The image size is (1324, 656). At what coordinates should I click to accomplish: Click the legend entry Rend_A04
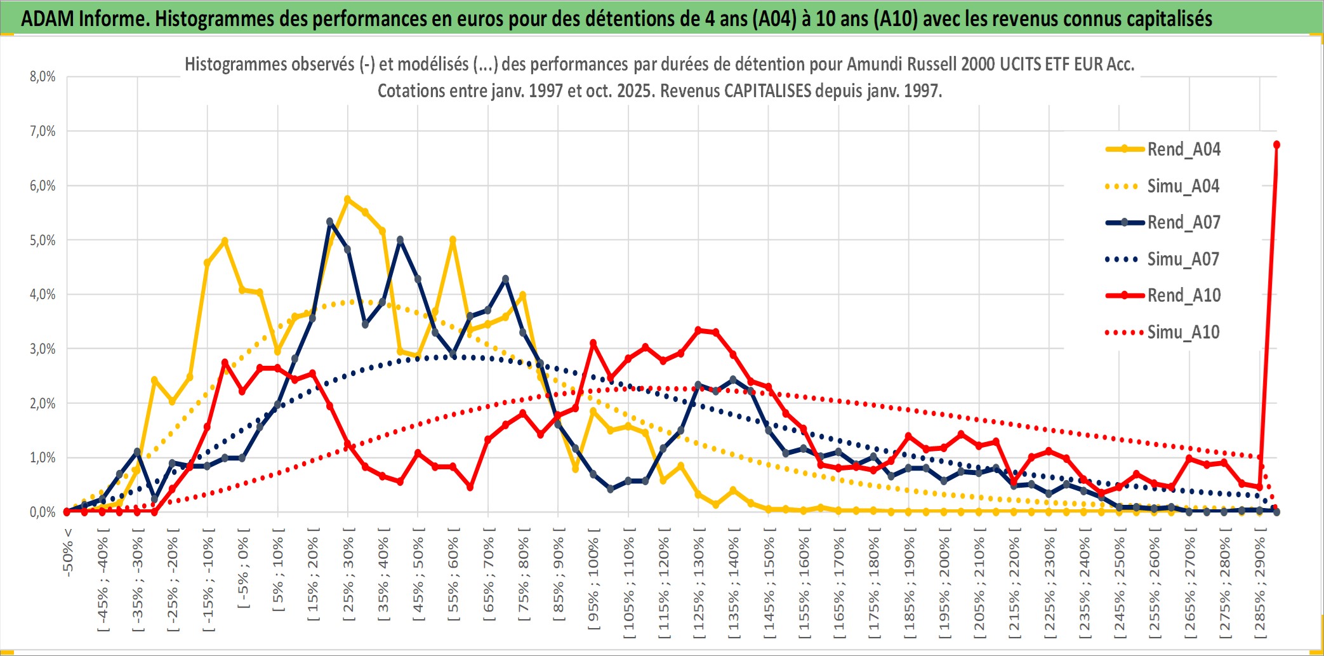pyautogui.click(x=1183, y=149)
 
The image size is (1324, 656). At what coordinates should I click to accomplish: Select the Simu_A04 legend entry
pyautogui.click(x=1183, y=186)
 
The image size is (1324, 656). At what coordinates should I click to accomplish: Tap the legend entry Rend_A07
pyautogui.click(x=1183, y=222)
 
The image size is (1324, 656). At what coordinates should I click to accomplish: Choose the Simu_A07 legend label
pyautogui.click(x=1183, y=259)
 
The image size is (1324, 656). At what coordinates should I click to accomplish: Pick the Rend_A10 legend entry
pyautogui.click(x=1183, y=295)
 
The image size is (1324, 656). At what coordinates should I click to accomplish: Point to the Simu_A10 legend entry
pyautogui.click(x=1183, y=332)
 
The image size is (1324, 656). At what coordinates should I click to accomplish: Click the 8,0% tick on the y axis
pyautogui.click(x=43, y=77)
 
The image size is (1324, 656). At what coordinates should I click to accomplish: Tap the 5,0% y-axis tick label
pyautogui.click(x=43, y=240)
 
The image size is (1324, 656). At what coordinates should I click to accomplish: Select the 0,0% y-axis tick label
pyautogui.click(x=43, y=512)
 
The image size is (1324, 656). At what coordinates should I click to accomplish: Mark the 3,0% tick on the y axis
pyautogui.click(x=43, y=349)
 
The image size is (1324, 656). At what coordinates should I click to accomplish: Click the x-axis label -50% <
pyautogui.click(x=68, y=552)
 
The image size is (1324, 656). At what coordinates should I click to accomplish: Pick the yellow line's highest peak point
pyautogui.click(x=347, y=199)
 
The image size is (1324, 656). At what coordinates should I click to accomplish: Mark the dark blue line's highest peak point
pyautogui.click(x=330, y=222)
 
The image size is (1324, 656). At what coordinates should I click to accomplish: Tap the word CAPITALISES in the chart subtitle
pyautogui.click(x=767, y=91)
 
